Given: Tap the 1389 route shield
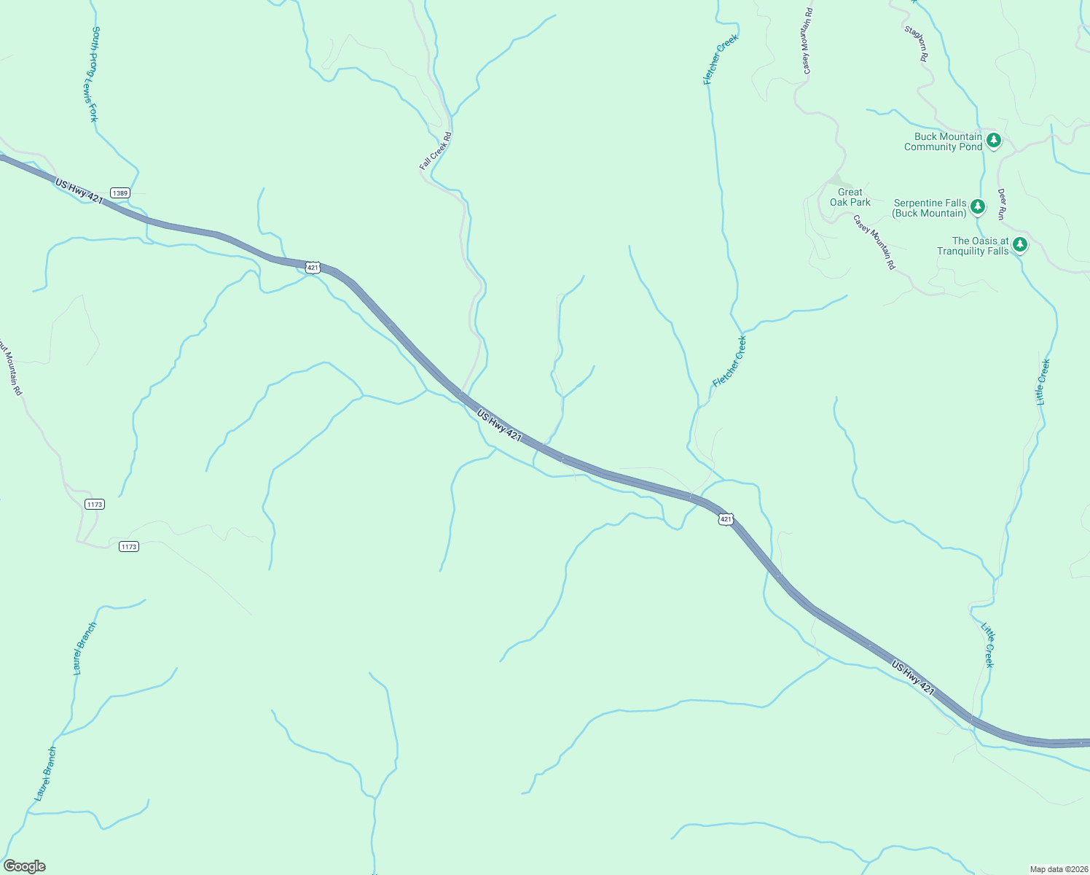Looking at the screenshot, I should pyautogui.click(x=120, y=193).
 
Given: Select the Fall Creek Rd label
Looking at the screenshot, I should pyautogui.click(x=436, y=151).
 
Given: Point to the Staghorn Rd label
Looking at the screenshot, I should pyautogui.click(x=917, y=44).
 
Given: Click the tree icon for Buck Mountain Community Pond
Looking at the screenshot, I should pyautogui.click(x=993, y=140).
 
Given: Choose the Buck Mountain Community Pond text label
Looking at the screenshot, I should pyautogui.click(x=944, y=141).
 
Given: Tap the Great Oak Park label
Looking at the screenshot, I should pyautogui.click(x=850, y=198).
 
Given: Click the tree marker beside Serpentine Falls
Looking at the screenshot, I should pyautogui.click(x=978, y=207).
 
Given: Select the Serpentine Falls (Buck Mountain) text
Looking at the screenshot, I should pyautogui.click(x=930, y=209).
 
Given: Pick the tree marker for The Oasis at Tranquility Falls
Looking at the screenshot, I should pyautogui.click(x=1020, y=244).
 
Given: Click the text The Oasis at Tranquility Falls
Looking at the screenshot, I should pyautogui.click(x=973, y=246).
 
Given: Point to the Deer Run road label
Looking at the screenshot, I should pyautogui.click(x=1002, y=204).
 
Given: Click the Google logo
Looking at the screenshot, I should pyautogui.click(x=25, y=866).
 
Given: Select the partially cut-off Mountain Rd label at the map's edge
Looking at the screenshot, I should pyautogui.click(x=11, y=368).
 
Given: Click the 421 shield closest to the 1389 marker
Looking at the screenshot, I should pyautogui.click(x=313, y=268).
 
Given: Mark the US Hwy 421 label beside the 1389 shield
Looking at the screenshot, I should pyautogui.click(x=79, y=192).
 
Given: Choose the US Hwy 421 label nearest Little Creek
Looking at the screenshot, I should pyautogui.click(x=913, y=677).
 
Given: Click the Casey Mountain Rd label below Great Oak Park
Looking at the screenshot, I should pyautogui.click(x=874, y=242).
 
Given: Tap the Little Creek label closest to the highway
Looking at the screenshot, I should pyautogui.click(x=987, y=645).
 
